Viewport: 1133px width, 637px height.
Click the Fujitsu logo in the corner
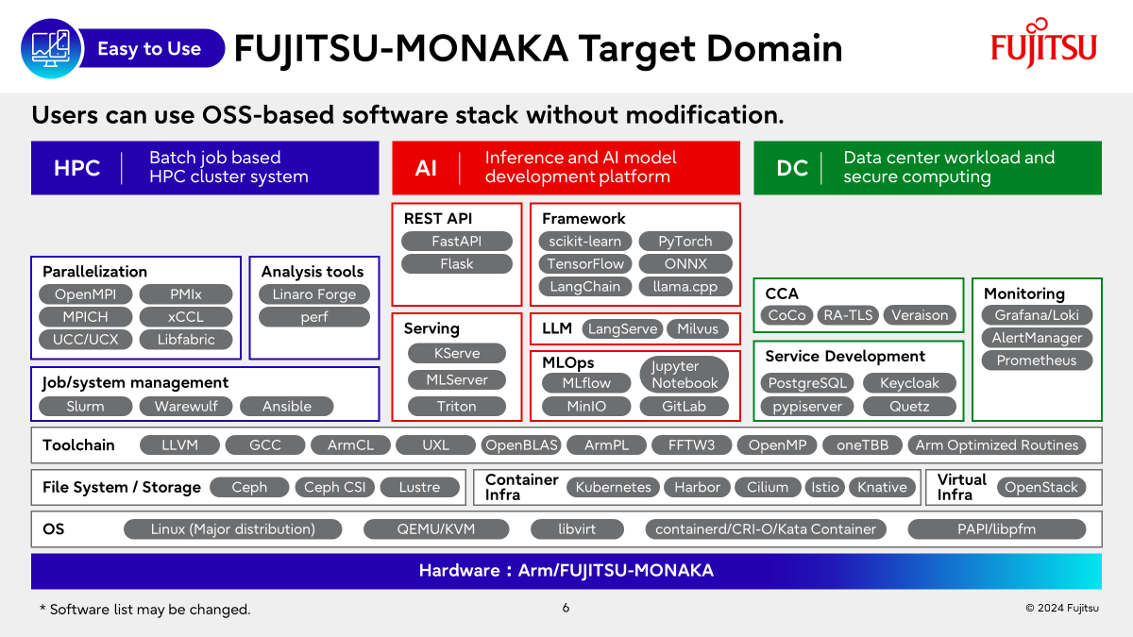coord(1043,43)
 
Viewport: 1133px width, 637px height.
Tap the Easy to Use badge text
coord(149,48)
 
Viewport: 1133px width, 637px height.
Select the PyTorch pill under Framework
coord(685,242)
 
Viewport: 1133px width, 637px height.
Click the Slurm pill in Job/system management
coord(86,406)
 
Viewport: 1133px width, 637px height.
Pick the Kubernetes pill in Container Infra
coord(613,487)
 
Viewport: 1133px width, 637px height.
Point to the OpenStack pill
coord(1040,487)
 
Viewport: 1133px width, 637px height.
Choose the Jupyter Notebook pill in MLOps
coord(685,374)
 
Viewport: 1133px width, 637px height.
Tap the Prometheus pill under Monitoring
coord(1037,360)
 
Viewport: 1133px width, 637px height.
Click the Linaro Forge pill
coord(314,294)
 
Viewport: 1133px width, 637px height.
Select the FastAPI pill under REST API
coord(457,242)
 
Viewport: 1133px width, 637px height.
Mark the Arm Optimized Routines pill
coord(997,444)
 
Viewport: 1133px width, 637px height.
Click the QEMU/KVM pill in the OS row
coord(436,528)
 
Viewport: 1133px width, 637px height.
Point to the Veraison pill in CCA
coord(920,315)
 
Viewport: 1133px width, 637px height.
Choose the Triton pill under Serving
coord(457,406)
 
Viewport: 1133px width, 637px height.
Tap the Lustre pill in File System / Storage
coord(419,487)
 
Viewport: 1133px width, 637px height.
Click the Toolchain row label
coord(78,444)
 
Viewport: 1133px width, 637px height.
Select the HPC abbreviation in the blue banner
coord(76,168)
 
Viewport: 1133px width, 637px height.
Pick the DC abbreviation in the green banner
coord(792,168)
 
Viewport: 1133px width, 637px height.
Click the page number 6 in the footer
coord(566,608)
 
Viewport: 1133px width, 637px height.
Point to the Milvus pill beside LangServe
coord(698,328)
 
